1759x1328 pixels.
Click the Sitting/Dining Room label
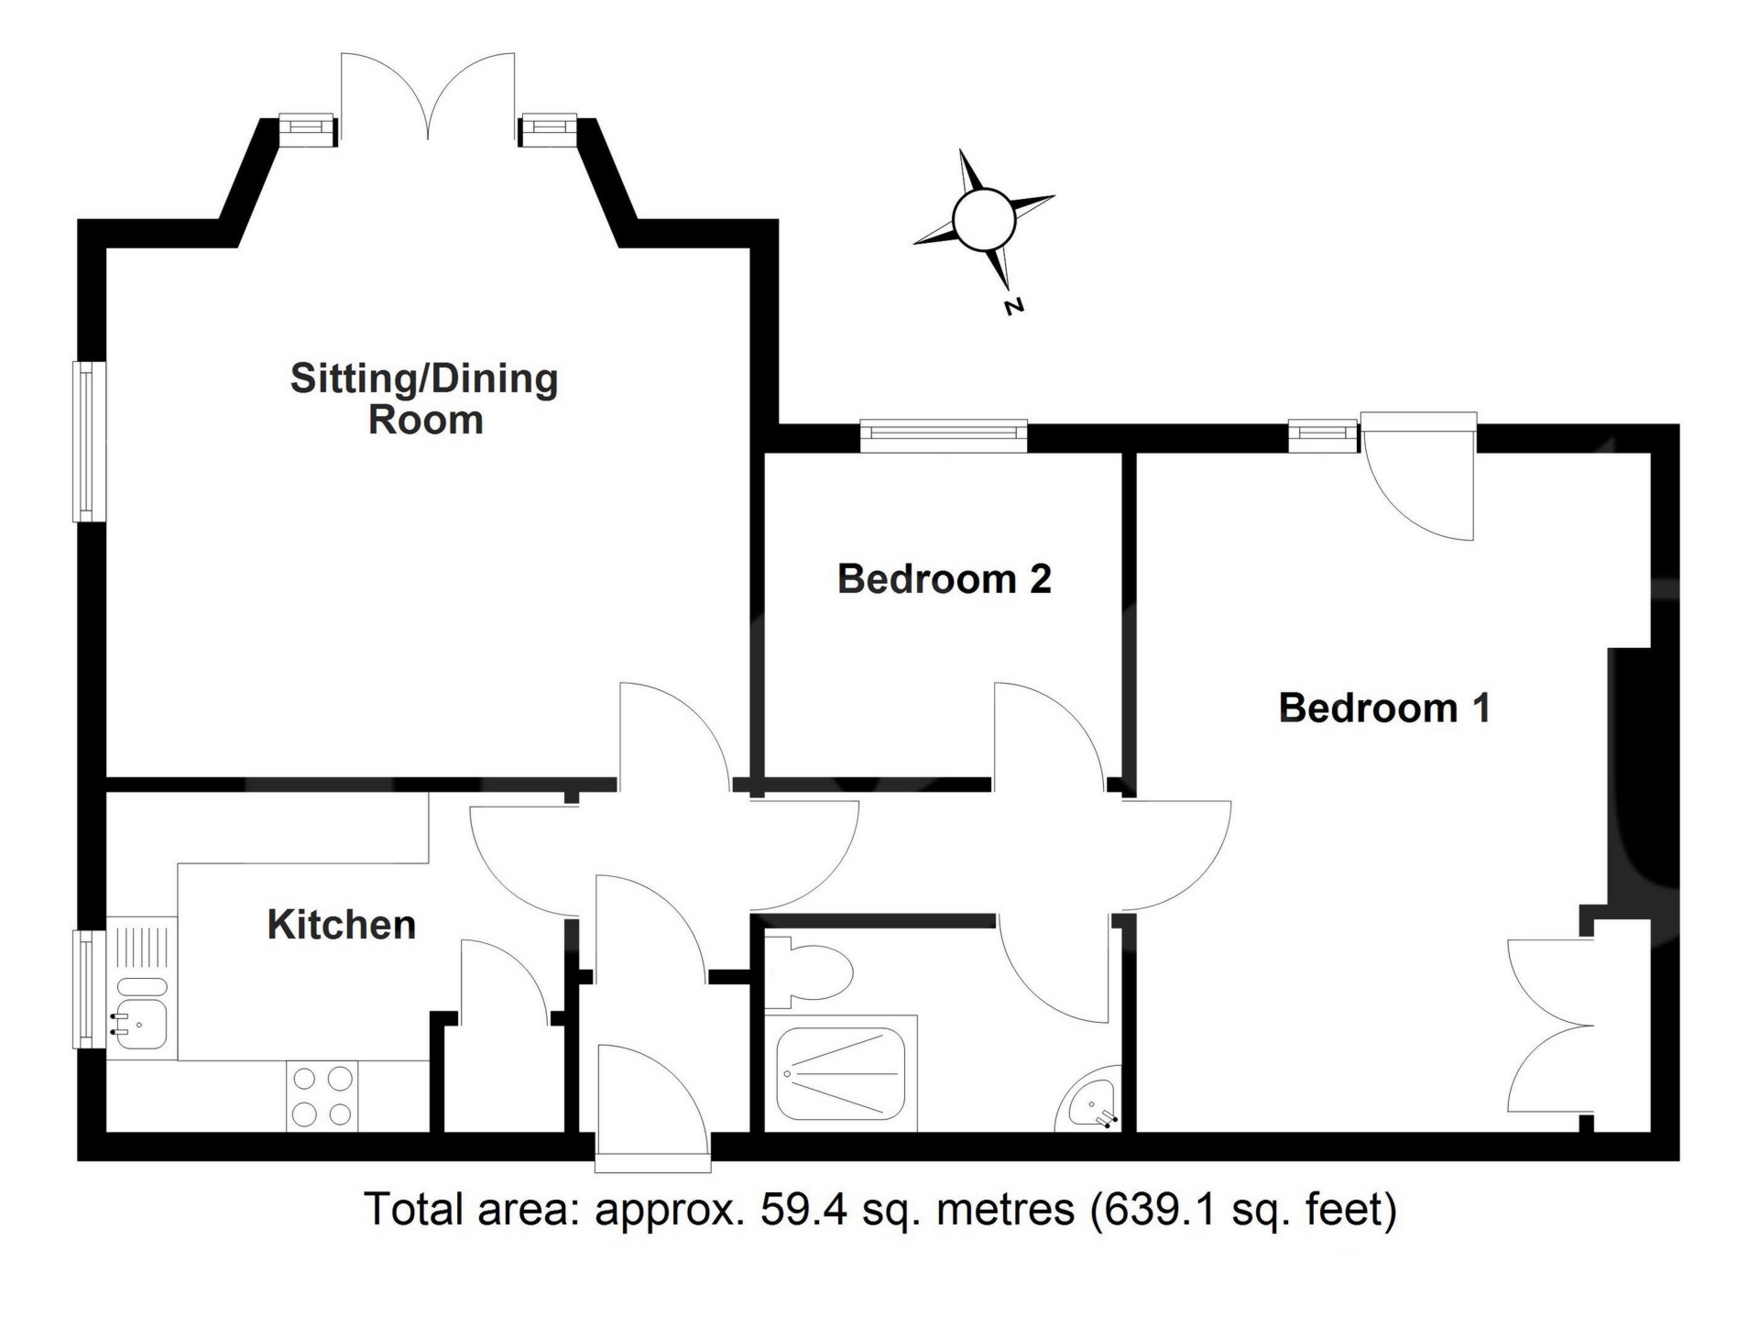tap(424, 400)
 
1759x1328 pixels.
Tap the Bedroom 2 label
tap(944, 579)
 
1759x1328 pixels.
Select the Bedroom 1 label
tap(1384, 708)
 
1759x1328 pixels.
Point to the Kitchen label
tap(342, 925)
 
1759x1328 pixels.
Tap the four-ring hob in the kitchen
tap(322, 1095)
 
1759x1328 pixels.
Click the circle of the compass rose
tap(984, 219)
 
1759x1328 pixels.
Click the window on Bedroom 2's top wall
tap(944, 436)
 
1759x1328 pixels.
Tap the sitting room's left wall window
tap(90, 442)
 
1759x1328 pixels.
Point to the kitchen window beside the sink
tap(90, 989)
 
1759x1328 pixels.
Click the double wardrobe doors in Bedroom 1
tap(1552, 1026)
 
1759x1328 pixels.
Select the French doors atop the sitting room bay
tap(428, 97)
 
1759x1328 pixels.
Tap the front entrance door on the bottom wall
tap(652, 1110)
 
